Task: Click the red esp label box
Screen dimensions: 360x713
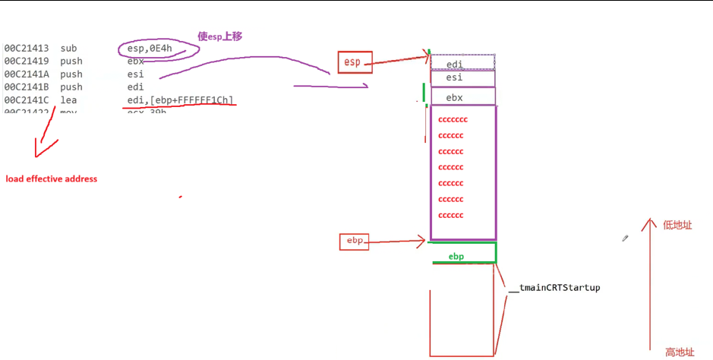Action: click(x=355, y=62)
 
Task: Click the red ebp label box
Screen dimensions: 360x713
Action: click(x=354, y=242)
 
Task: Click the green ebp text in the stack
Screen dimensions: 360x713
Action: click(x=456, y=257)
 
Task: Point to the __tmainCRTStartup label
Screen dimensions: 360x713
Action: click(x=554, y=288)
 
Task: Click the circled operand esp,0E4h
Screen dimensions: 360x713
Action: click(x=157, y=49)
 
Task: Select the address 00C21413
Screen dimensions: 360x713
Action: click(x=26, y=49)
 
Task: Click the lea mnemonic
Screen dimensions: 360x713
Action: click(x=68, y=100)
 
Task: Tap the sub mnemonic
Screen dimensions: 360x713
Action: click(x=68, y=49)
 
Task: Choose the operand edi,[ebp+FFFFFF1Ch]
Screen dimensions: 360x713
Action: click(x=181, y=100)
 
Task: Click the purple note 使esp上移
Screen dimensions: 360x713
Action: click(x=219, y=36)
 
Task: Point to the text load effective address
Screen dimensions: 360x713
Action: click(x=52, y=179)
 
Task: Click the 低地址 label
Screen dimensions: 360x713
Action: click(x=677, y=225)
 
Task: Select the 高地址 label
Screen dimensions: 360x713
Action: click(x=680, y=352)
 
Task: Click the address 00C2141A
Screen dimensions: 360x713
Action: click(x=26, y=74)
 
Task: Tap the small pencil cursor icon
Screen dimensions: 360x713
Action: click(x=626, y=238)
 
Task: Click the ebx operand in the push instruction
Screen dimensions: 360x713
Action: click(x=136, y=62)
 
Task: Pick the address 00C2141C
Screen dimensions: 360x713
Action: click(x=26, y=100)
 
